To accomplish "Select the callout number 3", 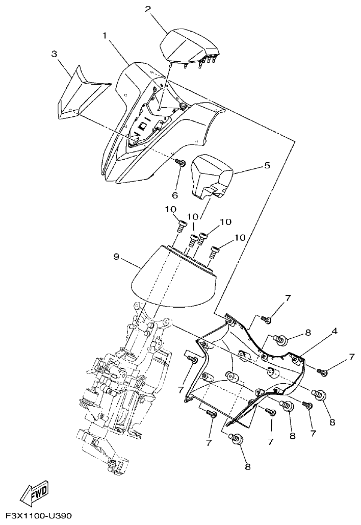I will [x=54, y=54].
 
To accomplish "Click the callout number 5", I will [x=267, y=165].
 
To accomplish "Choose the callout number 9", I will [x=116, y=256].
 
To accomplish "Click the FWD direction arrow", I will [x=35, y=492].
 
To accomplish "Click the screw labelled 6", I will [x=179, y=163].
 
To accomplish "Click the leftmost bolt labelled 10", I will [x=182, y=224].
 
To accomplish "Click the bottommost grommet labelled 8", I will [x=236, y=439].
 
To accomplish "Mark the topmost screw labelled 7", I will [x=266, y=319].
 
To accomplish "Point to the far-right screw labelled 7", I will [x=322, y=372].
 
